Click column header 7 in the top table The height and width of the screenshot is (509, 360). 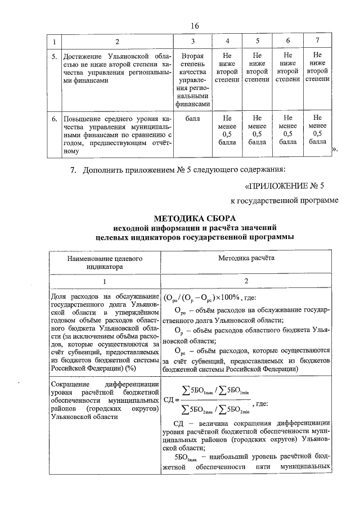[318, 42]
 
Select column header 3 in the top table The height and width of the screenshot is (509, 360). [193, 42]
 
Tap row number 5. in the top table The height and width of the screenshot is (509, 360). [53, 56]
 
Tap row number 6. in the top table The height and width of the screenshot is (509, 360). [53, 119]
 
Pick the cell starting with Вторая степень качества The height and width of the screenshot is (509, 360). [193, 80]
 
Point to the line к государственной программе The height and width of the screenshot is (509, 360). [284, 201]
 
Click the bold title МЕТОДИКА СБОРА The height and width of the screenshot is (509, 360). [195, 218]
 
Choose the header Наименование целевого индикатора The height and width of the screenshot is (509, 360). [105, 263]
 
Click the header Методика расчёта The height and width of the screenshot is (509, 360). [247, 258]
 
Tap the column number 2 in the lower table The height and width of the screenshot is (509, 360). [247, 281]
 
